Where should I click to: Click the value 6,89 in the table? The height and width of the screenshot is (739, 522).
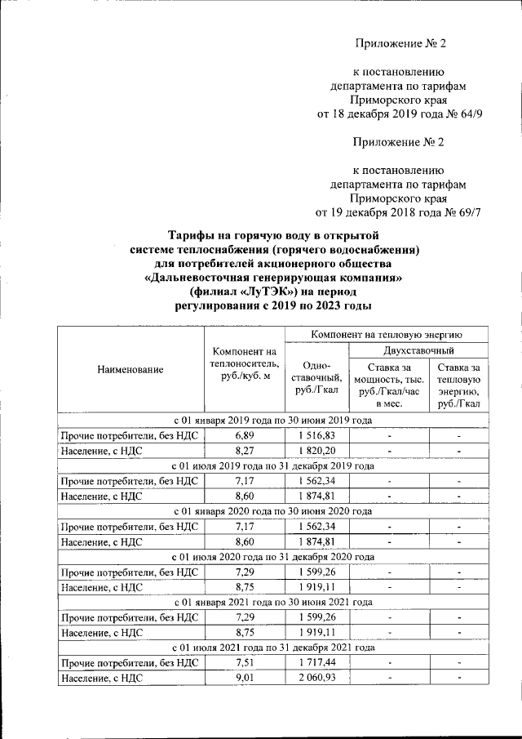pyautogui.click(x=243, y=435)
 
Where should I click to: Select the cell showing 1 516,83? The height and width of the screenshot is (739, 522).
pyautogui.click(x=316, y=435)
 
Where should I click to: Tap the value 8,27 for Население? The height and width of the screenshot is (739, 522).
pyautogui.click(x=243, y=450)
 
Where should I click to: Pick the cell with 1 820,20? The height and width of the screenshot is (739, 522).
pyautogui.click(x=316, y=450)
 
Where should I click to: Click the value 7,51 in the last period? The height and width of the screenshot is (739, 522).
pyautogui.click(x=243, y=662)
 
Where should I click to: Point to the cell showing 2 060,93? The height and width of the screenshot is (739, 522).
pyautogui.click(x=316, y=677)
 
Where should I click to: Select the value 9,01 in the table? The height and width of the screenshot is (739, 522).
pyautogui.click(x=243, y=677)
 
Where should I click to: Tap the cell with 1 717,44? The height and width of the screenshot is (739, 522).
pyautogui.click(x=316, y=662)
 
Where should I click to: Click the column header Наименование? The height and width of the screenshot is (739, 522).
pyautogui.click(x=130, y=369)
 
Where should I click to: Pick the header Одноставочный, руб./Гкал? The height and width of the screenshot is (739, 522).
pyautogui.click(x=316, y=378)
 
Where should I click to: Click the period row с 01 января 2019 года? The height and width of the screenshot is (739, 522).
pyautogui.click(x=272, y=421)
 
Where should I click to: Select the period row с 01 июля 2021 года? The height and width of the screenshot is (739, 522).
pyautogui.click(x=272, y=648)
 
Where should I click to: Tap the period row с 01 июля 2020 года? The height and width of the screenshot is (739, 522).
pyautogui.click(x=272, y=557)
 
